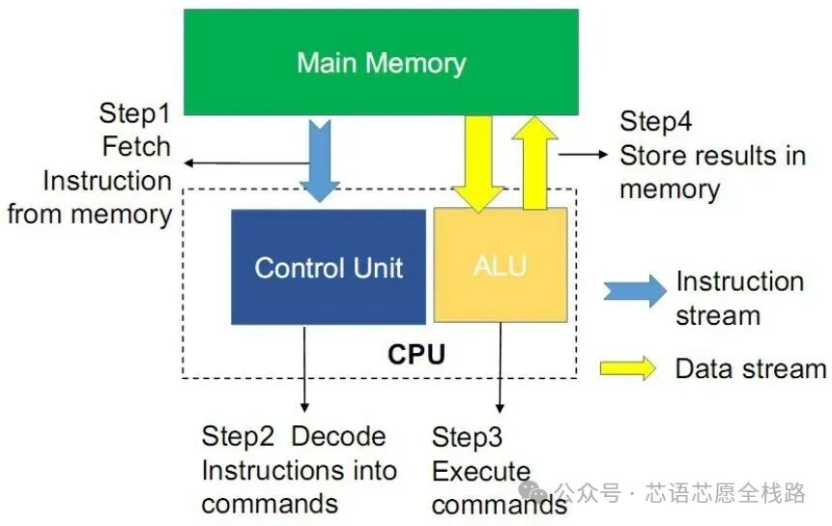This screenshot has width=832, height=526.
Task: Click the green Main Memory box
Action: click(381, 63)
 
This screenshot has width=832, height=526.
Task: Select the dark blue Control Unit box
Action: click(329, 267)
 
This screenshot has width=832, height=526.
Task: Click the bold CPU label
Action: click(416, 354)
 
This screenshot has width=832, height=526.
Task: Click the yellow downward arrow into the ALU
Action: click(478, 160)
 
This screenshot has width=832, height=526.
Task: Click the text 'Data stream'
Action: click(750, 368)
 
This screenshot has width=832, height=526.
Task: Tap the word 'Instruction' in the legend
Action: click(739, 281)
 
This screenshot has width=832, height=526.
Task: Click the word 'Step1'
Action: click(134, 113)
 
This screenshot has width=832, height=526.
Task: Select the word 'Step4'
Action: click(656, 122)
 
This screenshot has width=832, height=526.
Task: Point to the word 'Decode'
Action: click(338, 436)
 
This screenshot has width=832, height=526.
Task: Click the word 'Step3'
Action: click(467, 437)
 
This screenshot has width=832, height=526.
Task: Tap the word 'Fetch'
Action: click(136, 147)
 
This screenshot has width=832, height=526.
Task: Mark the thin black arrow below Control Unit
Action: click(305, 367)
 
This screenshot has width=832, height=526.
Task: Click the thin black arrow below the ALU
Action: click(500, 367)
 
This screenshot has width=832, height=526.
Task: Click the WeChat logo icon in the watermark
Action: click(531, 493)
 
